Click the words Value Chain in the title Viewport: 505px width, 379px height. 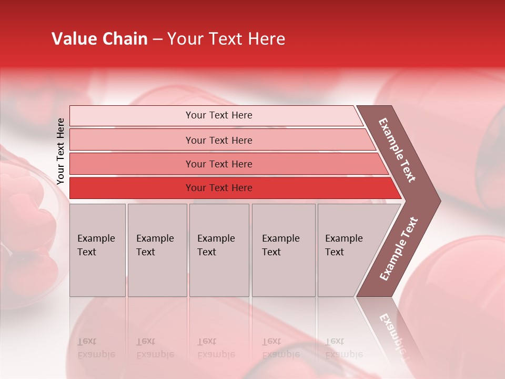pyautogui.click(x=99, y=39)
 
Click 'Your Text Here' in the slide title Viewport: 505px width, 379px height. pyautogui.click(x=226, y=39)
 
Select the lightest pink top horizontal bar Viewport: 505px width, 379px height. pyautogui.click(x=132, y=116)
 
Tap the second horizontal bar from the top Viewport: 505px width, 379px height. pyautogui.click(x=132, y=140)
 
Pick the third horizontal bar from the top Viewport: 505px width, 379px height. pyautogui.click(x=132, y=164)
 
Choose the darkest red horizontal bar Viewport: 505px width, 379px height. pyautogui.click(x=132, y=188)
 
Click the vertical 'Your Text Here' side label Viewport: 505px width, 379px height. pyautogui.click(x=61, y=151)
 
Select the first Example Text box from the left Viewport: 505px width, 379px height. pyautogui.click(x=97, y=250)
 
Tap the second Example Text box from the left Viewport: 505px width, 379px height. pyautogui.click(x=157, y=250)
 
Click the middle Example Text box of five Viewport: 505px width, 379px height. pyautogui.click(x=219, y=250)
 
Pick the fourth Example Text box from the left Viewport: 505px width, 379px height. pyautogui.click(x=284, y=250)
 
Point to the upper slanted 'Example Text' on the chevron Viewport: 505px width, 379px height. pyautogui.click(x=397, y=150)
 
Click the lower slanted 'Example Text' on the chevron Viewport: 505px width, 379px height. pyautogui.click(x=399, y=248)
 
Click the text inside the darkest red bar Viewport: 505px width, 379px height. pyautogui.click(x=219, y=188)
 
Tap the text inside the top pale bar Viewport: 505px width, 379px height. pyautogui.click(x=219, y=115)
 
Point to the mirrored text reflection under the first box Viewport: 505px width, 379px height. pyautogui.click(x=96, y=348)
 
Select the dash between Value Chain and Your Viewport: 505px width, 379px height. pyautogui.click(x=157, y=39)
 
